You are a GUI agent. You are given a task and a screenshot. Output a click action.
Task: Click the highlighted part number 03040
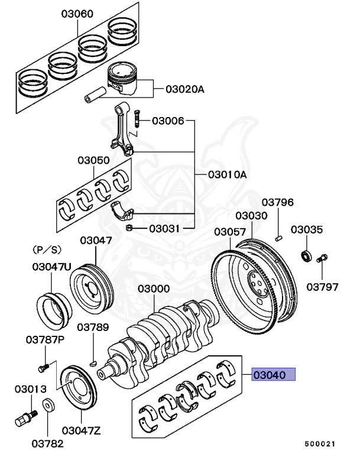coord(273,375)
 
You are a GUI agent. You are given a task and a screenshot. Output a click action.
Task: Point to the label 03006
coord(168,121)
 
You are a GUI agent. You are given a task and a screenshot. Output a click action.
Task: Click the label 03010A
coord(227,175)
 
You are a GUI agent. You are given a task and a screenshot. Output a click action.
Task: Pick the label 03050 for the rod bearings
coord(93,160)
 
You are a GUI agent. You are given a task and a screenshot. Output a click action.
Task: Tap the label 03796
coord(278,202)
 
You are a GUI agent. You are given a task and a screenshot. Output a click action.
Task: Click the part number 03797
coord(322,287)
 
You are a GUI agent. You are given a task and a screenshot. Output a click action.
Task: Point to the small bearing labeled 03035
coord(307,256)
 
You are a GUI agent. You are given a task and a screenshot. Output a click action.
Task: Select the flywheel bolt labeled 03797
coord(323,258)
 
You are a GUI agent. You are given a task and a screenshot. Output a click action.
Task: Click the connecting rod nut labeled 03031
coord(128,228)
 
